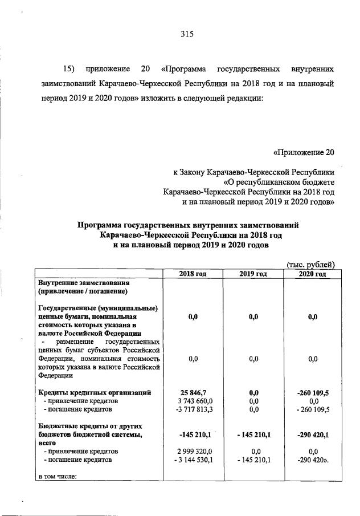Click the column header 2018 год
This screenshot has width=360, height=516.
(x=193, y=274)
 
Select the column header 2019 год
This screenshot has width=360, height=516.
(x=253, y=274)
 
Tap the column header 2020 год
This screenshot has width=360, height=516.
(x=312, y=274)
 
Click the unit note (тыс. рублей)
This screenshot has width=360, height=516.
(x=310, y=263)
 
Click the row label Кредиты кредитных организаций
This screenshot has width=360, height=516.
(x=94, y=392)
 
